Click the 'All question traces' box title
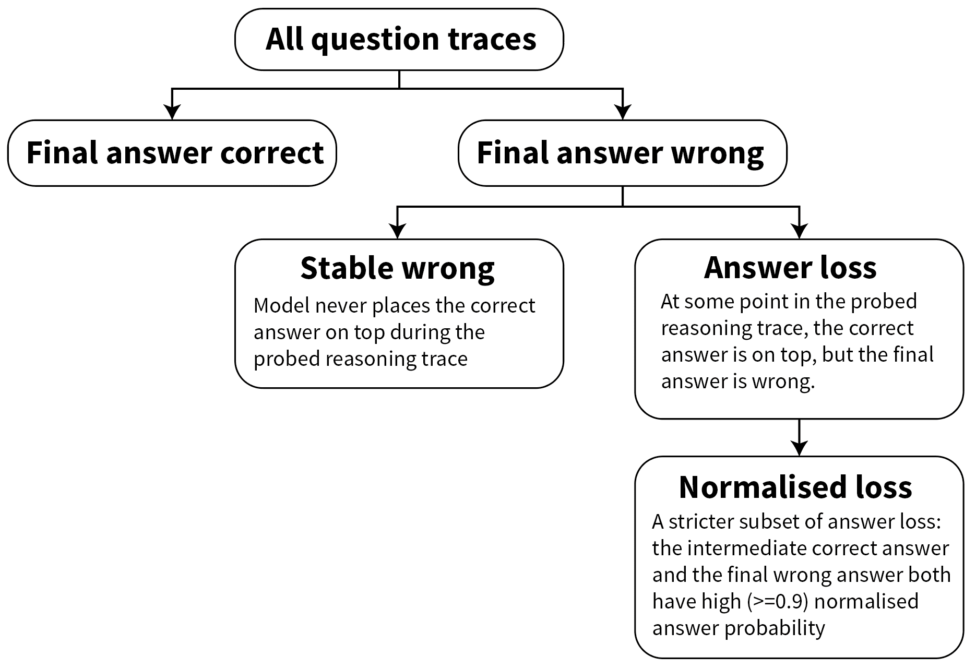[x=401, y=39]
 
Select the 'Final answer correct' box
[x=172, y=153]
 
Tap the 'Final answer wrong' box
[x=623, y=153]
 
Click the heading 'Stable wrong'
[x=398, y=268]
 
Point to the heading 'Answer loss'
[x=790, y=268]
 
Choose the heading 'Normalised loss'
[x=795, y=487]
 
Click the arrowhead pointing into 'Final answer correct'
[x=172, y=112]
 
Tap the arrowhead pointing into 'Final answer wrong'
[x=623, y=112]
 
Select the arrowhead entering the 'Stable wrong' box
[x=398, y=231]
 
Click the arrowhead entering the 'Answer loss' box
[x=800, y=231]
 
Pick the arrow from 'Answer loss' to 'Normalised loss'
[x=800, y=437]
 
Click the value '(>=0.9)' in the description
[x=778, y=602]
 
